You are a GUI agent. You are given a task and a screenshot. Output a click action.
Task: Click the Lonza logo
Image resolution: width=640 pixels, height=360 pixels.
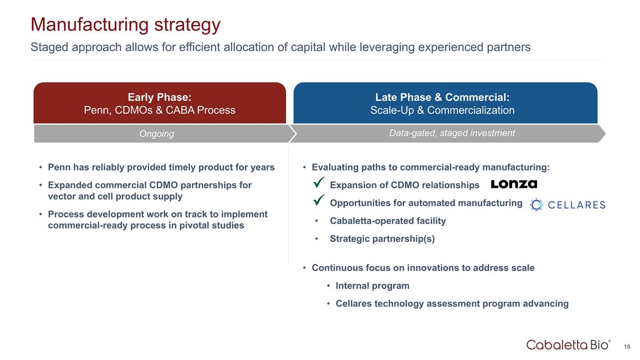[x=514, y=184]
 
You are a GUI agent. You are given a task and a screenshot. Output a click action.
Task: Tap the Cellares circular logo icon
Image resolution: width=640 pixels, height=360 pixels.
[x=537, y=205]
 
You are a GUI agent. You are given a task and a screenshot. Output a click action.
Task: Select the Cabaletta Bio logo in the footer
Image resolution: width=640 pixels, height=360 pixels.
[x=569, y=345]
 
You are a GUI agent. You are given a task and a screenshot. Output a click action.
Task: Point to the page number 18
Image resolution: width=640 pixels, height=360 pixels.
[x=627, y=347]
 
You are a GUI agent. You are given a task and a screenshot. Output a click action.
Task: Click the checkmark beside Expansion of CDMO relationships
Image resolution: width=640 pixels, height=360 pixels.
[x=319, y=182]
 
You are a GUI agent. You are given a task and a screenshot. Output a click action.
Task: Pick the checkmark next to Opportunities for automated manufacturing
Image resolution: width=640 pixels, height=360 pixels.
[x=319, y=200]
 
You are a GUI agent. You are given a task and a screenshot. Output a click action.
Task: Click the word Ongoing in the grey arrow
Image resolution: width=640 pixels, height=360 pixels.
[x=157, y=134]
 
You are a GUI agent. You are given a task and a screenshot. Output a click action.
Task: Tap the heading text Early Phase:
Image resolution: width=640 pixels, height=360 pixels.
[x=159, y=97]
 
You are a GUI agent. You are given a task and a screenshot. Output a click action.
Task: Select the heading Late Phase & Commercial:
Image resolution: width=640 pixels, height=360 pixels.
[x=442, y=97]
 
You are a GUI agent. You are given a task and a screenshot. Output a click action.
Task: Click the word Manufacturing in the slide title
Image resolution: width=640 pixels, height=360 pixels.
[x=90, y=25]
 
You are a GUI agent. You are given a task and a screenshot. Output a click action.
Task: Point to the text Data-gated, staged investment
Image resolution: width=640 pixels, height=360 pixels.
[x=452, y=133]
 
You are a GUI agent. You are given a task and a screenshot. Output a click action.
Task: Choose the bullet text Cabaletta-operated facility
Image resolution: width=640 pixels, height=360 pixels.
[x=388, y=221]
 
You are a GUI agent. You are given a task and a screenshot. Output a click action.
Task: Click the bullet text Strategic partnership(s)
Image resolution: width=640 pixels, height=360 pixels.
[x=382, y=239]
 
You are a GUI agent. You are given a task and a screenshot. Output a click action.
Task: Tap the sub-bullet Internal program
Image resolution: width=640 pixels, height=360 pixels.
[x=373, y=286]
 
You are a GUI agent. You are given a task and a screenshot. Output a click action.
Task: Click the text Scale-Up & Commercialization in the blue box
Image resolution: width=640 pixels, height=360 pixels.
[x=442, y=110]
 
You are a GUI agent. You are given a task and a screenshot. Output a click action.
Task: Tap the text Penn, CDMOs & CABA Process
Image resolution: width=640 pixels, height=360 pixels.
[x=159, y=110]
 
